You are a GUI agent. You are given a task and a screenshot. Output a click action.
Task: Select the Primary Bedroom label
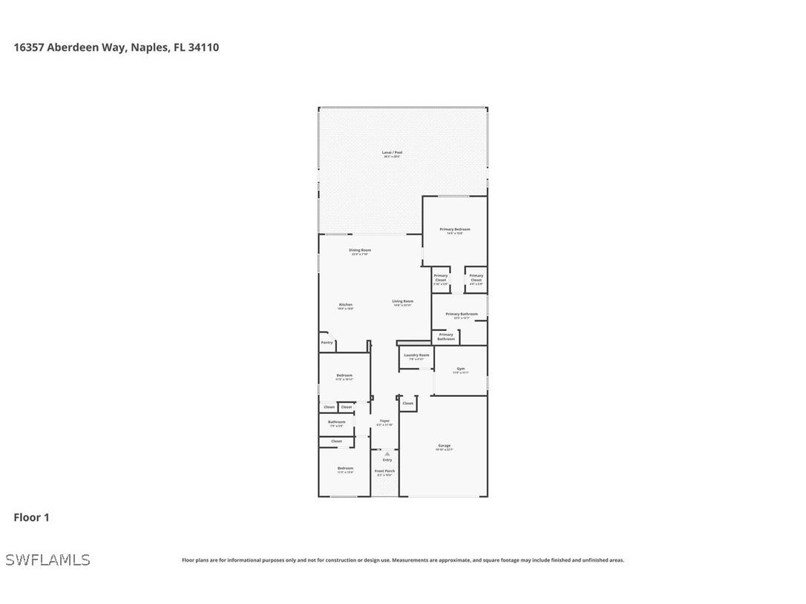coord(454,231)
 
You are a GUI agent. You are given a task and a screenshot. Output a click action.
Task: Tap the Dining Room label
coord(360,252)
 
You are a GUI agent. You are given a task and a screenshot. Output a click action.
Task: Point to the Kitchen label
coord(346,306)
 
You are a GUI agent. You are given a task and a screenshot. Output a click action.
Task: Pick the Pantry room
coord(327,343)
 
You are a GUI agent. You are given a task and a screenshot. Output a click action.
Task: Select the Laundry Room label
coord(416,356)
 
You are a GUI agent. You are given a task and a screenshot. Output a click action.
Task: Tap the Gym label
coord(460,370)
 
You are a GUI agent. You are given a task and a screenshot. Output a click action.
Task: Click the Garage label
coord(444,447)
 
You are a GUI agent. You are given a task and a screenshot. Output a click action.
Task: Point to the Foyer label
coord(384,422)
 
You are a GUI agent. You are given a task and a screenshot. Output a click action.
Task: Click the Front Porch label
coord(384,472)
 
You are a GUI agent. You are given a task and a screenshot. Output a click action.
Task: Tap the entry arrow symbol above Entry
coord(387,453)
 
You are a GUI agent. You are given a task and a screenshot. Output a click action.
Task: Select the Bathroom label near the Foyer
coord(336,423)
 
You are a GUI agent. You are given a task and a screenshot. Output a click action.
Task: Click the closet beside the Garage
coord(407,404)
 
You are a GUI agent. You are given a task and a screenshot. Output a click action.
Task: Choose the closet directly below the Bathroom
coord(336,441)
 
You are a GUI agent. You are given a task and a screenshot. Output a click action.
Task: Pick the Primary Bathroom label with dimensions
coord(462,315)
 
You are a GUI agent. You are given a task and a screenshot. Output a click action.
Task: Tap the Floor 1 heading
coord(31,517)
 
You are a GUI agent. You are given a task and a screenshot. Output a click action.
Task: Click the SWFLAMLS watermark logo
coord(47,559)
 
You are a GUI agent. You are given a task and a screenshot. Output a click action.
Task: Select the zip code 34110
coord(203,47)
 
